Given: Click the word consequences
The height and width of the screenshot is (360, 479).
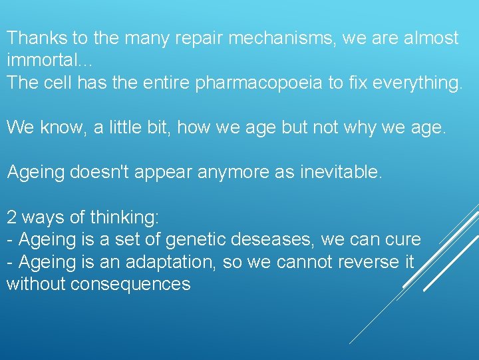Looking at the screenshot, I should pos(130,285).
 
